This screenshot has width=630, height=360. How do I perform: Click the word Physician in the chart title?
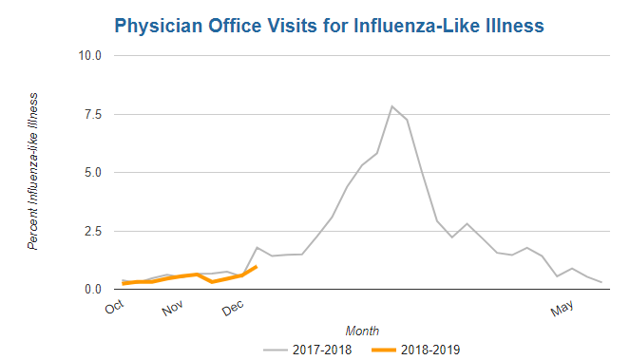point(159,26)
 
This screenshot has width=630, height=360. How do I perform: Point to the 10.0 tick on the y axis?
point(89,55)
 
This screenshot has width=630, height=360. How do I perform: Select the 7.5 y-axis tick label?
point(93,115)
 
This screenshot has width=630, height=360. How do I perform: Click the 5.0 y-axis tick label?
point(93,172)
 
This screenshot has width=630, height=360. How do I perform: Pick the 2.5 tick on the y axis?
point(93,231)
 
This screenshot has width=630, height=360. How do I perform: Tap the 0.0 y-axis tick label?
point(93,290)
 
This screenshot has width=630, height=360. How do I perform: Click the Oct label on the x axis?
point(115,307)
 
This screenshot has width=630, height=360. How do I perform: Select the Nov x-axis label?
point(172,308)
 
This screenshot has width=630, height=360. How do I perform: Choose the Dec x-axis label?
point(233,308)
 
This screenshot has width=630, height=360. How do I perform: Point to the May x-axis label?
point(562,308)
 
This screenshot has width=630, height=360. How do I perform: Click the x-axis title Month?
point(362,331)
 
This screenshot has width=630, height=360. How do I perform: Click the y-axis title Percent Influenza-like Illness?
point(33,172)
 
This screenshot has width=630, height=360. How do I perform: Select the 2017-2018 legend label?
point(322,350)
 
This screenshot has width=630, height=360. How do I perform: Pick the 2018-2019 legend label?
point(430,350)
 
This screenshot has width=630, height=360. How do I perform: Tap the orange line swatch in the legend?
point(384,350)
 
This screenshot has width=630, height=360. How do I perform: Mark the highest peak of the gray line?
point(391,106)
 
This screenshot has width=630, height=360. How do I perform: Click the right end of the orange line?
point(257,266)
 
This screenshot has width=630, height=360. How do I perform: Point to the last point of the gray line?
point(601,282)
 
